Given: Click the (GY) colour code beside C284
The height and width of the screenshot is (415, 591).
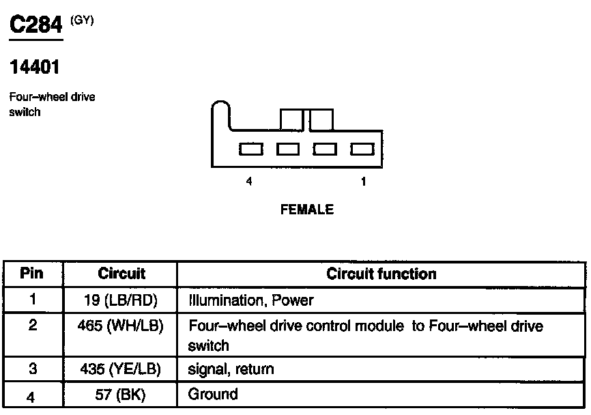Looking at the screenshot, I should click(x=82, y=20).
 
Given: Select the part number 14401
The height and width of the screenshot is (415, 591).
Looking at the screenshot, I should click(x=35, y=67).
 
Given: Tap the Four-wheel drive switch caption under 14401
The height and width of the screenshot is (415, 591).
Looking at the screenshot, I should click(x=52, y=104).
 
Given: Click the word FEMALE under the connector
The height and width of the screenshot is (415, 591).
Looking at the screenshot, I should click(x=307, y=210).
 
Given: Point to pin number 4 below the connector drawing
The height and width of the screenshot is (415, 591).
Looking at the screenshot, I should click(x=249, y=182).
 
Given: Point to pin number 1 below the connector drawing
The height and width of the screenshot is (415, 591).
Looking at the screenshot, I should click(x=363, y=182).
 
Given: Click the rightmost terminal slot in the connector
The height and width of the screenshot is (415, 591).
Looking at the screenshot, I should click(x=362, y=149).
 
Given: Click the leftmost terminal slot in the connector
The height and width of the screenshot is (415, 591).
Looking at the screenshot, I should click(x=250, y=149).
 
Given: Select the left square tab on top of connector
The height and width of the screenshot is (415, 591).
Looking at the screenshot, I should click(x=291, y=119).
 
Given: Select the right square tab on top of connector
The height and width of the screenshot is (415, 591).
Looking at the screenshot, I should click(x=321, y=119).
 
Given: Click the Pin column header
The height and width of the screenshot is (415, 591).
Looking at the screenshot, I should click(x=31, y=274).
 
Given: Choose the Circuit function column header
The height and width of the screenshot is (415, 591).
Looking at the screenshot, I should click(x=381, y=274).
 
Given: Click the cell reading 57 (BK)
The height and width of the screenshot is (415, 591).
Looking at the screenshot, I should click(x=121, y=395).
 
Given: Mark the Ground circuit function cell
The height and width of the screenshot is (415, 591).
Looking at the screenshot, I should click(x=213, y=394).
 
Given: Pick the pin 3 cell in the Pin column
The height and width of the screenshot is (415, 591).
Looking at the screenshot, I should click(x=32, y=369).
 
